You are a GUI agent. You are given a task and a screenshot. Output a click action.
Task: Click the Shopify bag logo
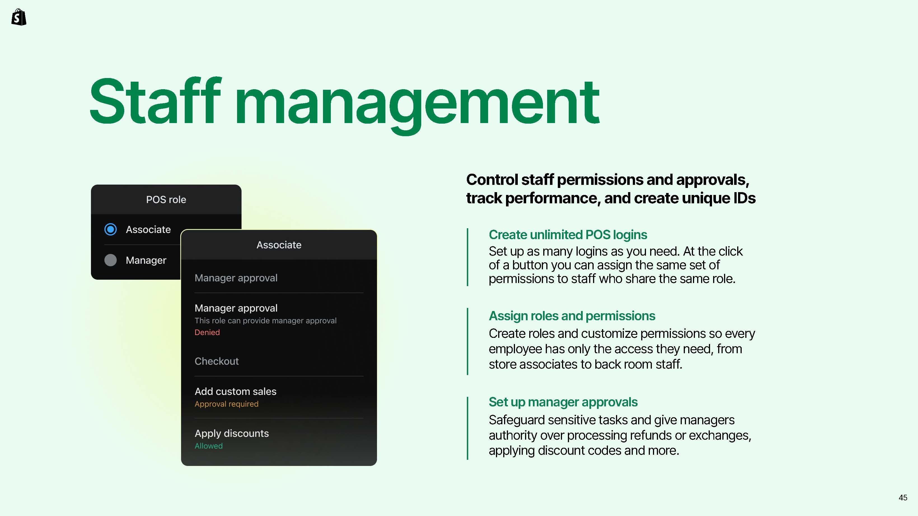(19, 17)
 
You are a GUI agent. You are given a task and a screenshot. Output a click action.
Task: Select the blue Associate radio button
(111, 229)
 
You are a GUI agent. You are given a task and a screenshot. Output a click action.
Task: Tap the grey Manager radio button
(111, 260)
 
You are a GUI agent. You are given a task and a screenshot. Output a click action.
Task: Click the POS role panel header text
(166, 199)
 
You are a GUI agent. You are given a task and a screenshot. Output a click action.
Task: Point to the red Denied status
(207, 332)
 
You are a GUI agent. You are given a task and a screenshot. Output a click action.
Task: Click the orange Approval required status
(226, 404)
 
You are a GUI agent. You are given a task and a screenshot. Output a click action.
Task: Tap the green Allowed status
(209, 446)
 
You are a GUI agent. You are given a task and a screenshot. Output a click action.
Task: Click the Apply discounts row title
(232, 433)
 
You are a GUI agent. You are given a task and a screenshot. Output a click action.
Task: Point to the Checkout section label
(217, 361)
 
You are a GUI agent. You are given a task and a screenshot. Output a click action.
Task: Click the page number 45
(903, 498)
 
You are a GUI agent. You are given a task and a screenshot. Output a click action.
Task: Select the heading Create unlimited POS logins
(568, 235)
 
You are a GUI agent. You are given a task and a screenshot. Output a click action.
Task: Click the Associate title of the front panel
(279, 245)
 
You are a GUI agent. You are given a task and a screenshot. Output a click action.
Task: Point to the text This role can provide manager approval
(266, 321)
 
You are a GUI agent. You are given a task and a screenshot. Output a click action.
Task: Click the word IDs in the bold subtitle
(744, 198)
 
